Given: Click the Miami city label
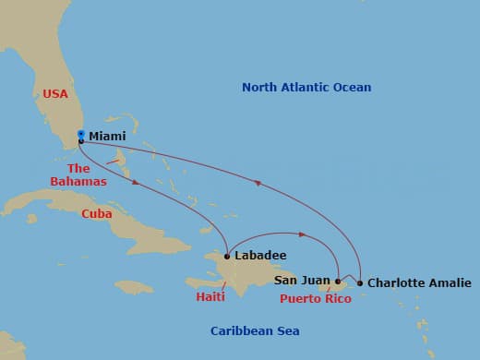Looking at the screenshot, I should tap(107, 136).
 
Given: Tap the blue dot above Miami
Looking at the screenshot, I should tap(81, 134).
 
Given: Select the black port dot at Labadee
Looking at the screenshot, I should tap(227, 256).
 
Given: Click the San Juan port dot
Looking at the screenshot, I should tap(338, 281).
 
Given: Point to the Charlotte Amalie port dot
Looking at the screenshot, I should tap(359, 282).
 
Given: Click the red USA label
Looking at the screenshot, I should tap(56, 93).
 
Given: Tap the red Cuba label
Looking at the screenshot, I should tap(97, 213).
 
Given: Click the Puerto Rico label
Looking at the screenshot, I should tap(315, 300).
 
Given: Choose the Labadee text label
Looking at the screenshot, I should tap(260, 256).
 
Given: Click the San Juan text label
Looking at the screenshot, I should tap(301, 279).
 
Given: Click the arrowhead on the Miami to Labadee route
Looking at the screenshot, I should tap(137, 183).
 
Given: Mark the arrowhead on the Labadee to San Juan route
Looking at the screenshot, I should tap(301, 234).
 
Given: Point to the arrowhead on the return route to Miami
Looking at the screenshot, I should tap(258, 184).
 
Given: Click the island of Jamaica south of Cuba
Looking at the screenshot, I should tap(135, 286).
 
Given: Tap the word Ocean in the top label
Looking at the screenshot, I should tap(352, 88).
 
